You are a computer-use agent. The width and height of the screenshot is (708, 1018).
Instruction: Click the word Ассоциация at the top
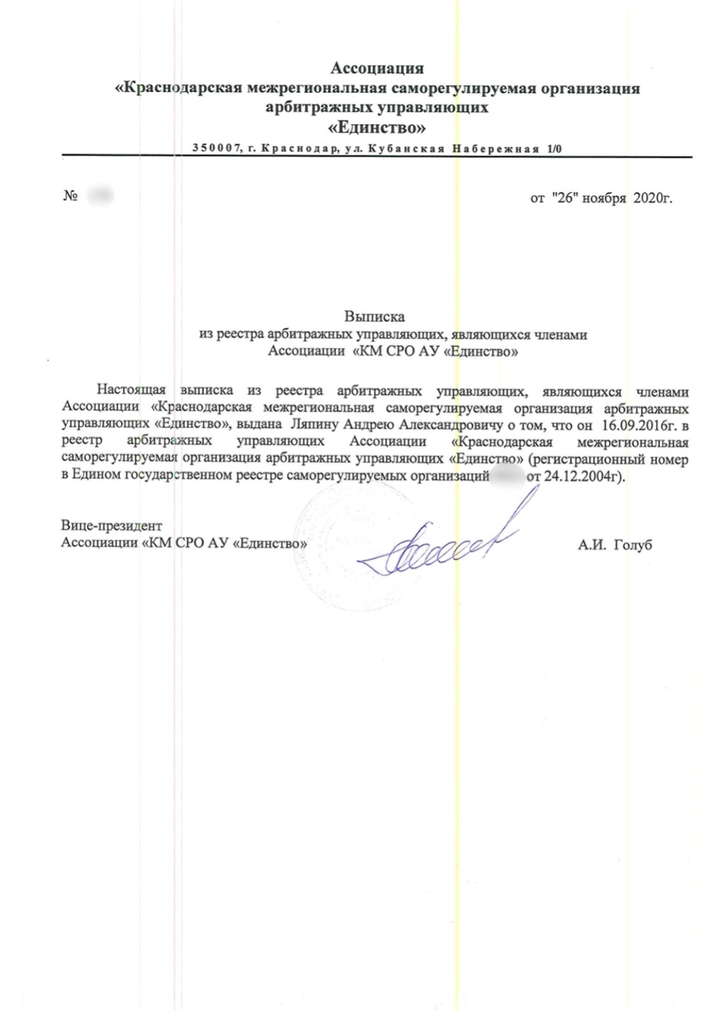[377, 68]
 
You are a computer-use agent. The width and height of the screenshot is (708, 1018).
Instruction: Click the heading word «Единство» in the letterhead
[376, 128]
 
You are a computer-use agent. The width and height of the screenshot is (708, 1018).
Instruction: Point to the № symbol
[70, 196]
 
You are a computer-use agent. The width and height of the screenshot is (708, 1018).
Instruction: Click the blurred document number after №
[100, 196]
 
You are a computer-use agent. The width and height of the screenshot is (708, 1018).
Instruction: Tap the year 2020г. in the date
[653, 199]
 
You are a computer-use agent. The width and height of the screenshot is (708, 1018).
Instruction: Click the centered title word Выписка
[374, 316]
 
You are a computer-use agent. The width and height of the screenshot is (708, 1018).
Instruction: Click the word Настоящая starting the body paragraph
[131, 390]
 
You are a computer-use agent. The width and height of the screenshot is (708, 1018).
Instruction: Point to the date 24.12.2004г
[584, 476]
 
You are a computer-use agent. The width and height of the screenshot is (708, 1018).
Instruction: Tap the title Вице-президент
[111, 526]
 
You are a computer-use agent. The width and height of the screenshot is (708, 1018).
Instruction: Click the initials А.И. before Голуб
[592, 545]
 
